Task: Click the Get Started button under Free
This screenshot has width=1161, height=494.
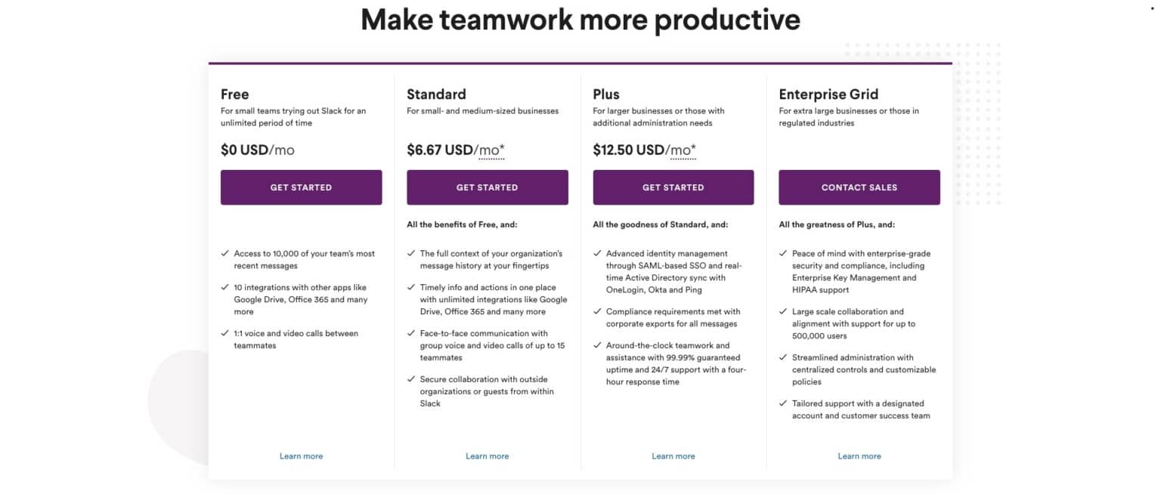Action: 301,187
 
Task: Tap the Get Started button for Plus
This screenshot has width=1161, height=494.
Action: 673,187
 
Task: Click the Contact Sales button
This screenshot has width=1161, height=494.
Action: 859,187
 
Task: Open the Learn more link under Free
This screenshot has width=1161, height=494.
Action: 301,456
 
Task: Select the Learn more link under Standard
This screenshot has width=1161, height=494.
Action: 487,456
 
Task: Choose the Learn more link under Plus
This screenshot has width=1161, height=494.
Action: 673,456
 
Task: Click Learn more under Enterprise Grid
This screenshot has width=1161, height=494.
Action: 859,456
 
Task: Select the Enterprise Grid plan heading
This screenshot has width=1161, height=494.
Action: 828,94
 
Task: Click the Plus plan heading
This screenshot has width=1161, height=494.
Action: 606,94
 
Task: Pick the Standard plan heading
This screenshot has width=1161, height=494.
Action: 436,94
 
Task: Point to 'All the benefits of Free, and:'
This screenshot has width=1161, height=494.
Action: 462,224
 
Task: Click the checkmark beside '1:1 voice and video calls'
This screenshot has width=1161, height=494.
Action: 225,333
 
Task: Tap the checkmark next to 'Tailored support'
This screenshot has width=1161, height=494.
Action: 783,403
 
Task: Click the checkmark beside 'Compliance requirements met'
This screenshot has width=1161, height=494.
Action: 597,311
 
